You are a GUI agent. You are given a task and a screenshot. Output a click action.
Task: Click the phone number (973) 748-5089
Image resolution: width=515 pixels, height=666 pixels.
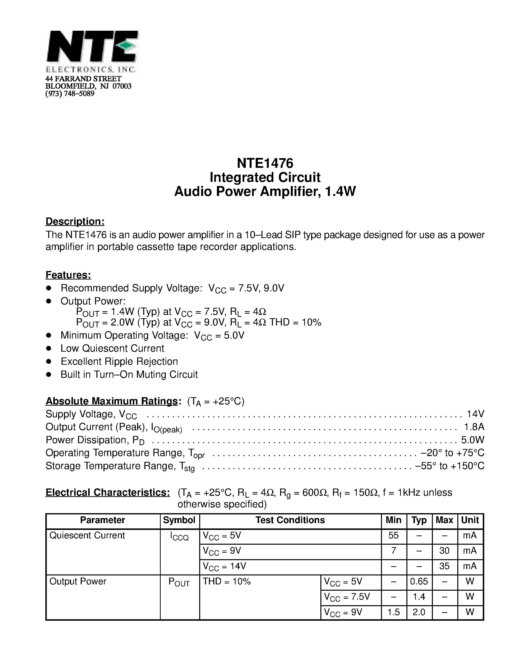tap(70, 94)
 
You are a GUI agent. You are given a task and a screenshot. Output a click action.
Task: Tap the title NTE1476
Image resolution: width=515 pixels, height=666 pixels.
tap(265, 163)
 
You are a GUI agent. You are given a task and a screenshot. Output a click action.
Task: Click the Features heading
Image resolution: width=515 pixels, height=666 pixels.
tap(68, 275)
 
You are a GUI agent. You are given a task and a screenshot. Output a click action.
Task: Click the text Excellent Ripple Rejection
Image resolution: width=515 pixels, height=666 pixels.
tap(119, 361)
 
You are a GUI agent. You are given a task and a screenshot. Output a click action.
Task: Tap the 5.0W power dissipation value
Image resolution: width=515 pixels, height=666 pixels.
tap(473, 440)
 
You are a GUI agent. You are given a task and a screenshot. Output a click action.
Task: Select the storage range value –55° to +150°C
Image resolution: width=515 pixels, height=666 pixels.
tap(450, 466)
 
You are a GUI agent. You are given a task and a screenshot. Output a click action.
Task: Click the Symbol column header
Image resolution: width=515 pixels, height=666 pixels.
tap(179, 520)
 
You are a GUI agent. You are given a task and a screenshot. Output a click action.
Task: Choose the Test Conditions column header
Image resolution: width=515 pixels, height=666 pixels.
tap(290, 520)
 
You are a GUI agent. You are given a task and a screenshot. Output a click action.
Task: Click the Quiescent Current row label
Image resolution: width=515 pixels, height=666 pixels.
tap(87, 535)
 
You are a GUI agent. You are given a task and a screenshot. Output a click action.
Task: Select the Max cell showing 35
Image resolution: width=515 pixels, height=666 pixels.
tap(444, 566)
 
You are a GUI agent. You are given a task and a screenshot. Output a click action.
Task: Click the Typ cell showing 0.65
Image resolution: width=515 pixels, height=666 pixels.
tap(419, 581)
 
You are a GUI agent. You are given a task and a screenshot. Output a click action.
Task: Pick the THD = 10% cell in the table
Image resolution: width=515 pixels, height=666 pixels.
tap(227, 581)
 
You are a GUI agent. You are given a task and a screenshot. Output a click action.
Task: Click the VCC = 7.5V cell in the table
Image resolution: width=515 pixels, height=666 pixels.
tap(347, 597)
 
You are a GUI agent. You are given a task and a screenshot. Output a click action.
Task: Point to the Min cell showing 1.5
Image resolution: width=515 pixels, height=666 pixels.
tap(394, 612)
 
